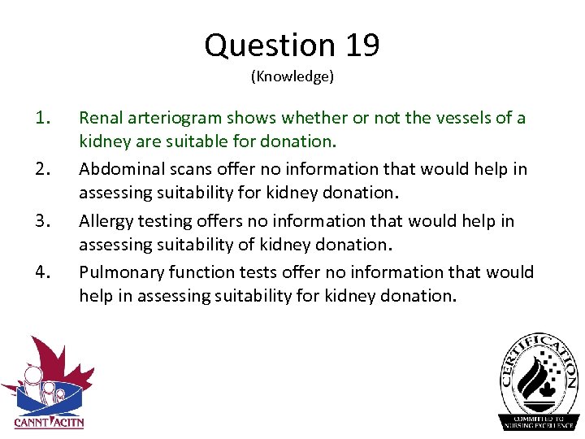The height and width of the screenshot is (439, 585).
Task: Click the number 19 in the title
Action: click(362, 46)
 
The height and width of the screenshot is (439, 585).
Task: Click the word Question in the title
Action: click(270, 46)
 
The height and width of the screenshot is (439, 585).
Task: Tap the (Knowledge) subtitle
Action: click(292, 77)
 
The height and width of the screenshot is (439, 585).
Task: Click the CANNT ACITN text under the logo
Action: click(49, 422)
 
